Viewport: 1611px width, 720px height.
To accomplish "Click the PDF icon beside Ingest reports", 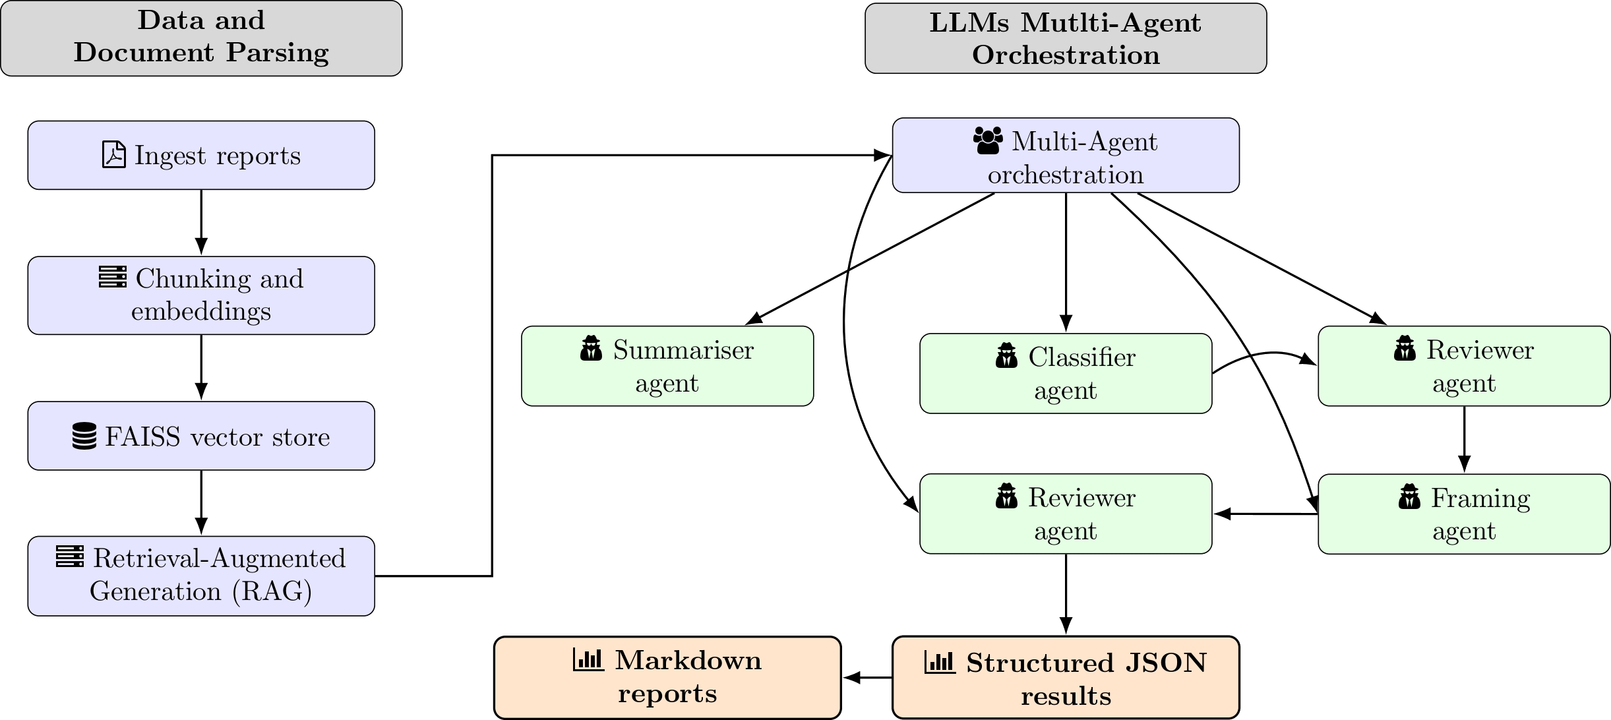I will click(113, 155).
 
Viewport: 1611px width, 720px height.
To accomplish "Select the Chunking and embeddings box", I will click(201, 295).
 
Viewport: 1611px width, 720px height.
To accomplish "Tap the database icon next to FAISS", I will click(84, 436).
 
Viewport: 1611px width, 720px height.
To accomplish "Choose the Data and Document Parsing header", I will click(201, 38).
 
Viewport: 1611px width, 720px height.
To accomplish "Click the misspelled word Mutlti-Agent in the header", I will click(1110, 23).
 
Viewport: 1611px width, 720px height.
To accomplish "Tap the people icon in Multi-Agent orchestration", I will click(988, 140).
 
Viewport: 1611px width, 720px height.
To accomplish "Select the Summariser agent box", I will click(667, 366).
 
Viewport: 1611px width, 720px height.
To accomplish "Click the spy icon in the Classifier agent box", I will click(1006, 356).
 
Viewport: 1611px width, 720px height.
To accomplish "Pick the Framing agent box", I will click(1463, 514).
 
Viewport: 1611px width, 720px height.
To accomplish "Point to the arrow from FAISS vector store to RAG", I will click(201, 502).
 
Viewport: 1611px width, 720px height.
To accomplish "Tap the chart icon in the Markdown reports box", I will click(588, 659).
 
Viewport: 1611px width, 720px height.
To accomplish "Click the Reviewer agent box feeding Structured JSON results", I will click(1065, 514).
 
